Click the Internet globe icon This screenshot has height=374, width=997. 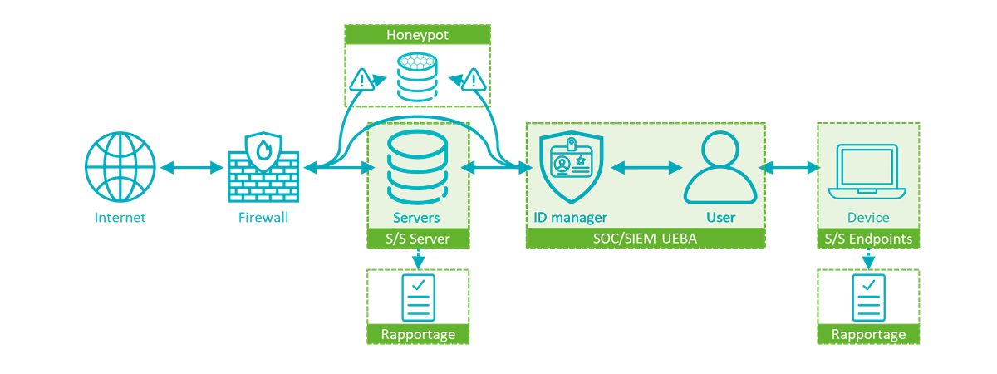click(120, 167)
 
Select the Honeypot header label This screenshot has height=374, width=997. click(417, 35)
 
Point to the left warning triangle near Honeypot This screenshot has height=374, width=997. click(362, 81)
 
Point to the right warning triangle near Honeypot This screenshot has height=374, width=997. click(474, 81)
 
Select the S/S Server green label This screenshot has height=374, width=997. click(419, 239)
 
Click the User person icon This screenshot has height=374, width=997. click(720, 169)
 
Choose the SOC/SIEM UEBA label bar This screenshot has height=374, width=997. click(645, 239)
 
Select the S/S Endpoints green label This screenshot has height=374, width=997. click(868, 239)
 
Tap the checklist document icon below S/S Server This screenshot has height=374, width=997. click(418, 297)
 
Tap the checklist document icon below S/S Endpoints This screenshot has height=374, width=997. click(868, 297)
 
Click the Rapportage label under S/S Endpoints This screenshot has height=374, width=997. click(868, 334)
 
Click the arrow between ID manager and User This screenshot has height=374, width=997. click(646, 168)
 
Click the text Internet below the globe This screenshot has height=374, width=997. click(120, 218)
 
